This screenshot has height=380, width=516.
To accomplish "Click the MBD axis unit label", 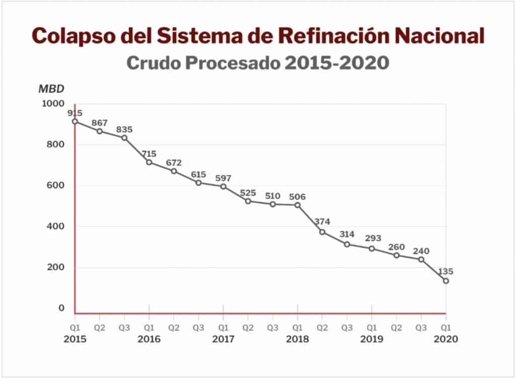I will pyautogui.click(x=51, y=89).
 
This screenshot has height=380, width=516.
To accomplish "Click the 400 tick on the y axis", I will pyautogui.click(x=58, y=226).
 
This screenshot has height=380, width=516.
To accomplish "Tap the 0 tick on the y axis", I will pyautogui.click(x=61, y=308).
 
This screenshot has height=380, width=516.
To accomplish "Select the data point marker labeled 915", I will pyautogui.click(x=75, y=121).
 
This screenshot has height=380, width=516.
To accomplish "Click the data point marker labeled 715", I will pyautogui.click(x=149, y=162).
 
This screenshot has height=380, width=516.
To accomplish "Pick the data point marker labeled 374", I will pyautogui.click(x=322, y=232).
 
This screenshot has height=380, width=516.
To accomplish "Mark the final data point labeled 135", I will pyautogui.click(x=446, y=281).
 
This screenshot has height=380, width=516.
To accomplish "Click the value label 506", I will pyautogui.click(x=297, y=196).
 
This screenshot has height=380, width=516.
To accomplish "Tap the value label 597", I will pyautogui.click(x=223, y=178).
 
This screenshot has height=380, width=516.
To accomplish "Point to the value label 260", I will pyautogui.click(x=397, y=247).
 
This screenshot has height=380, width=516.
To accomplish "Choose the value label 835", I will pyautogui.click(x=124, y=129).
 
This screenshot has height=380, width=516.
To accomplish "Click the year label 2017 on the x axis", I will pyautogui.click(x=223, y=339).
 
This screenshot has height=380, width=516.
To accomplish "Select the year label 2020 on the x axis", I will pyautogui.click(x=445, y=339).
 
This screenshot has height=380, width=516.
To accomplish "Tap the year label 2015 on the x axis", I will pyautogui.click(x=75, y=339).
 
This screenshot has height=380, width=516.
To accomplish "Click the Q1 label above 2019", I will pyautogui.click(x=371, y=327).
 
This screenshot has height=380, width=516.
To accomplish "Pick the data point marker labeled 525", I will pyautogui.click(x=248, y=201).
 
